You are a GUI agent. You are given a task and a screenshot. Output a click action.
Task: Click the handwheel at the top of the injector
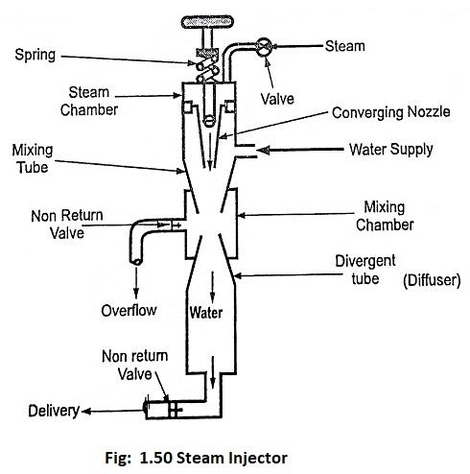pos(207,22)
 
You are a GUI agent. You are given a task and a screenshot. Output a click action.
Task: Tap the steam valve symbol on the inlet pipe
pos(264,47)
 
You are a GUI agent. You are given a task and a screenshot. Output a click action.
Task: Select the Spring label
pos(35,55)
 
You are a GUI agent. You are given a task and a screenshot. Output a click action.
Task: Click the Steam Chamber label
pos(89,101)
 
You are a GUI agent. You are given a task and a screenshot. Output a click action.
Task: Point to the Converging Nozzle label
pos(391,112)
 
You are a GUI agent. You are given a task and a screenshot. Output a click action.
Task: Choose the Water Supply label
pos(391,150)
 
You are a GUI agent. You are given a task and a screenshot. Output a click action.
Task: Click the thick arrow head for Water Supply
pos(263,150)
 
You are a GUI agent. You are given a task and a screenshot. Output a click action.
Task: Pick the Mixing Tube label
pos(33,158)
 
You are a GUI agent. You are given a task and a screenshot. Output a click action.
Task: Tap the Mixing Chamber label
pos(385,216)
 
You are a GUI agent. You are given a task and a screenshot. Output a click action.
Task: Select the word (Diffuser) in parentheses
pos(432,280)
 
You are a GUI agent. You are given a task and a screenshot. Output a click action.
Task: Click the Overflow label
pos(129,311)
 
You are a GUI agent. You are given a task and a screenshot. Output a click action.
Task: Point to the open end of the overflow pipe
pos(136,261)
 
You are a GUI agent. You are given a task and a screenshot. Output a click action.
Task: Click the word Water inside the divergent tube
pos(206,313)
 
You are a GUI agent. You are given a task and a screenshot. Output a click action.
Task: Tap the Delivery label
pos(54,411)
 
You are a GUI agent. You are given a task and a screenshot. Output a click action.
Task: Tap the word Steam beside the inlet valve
pos(345,46)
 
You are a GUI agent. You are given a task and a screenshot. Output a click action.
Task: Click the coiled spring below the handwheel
pos(207,66)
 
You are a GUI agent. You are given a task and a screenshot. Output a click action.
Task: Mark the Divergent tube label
pos(365,270)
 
